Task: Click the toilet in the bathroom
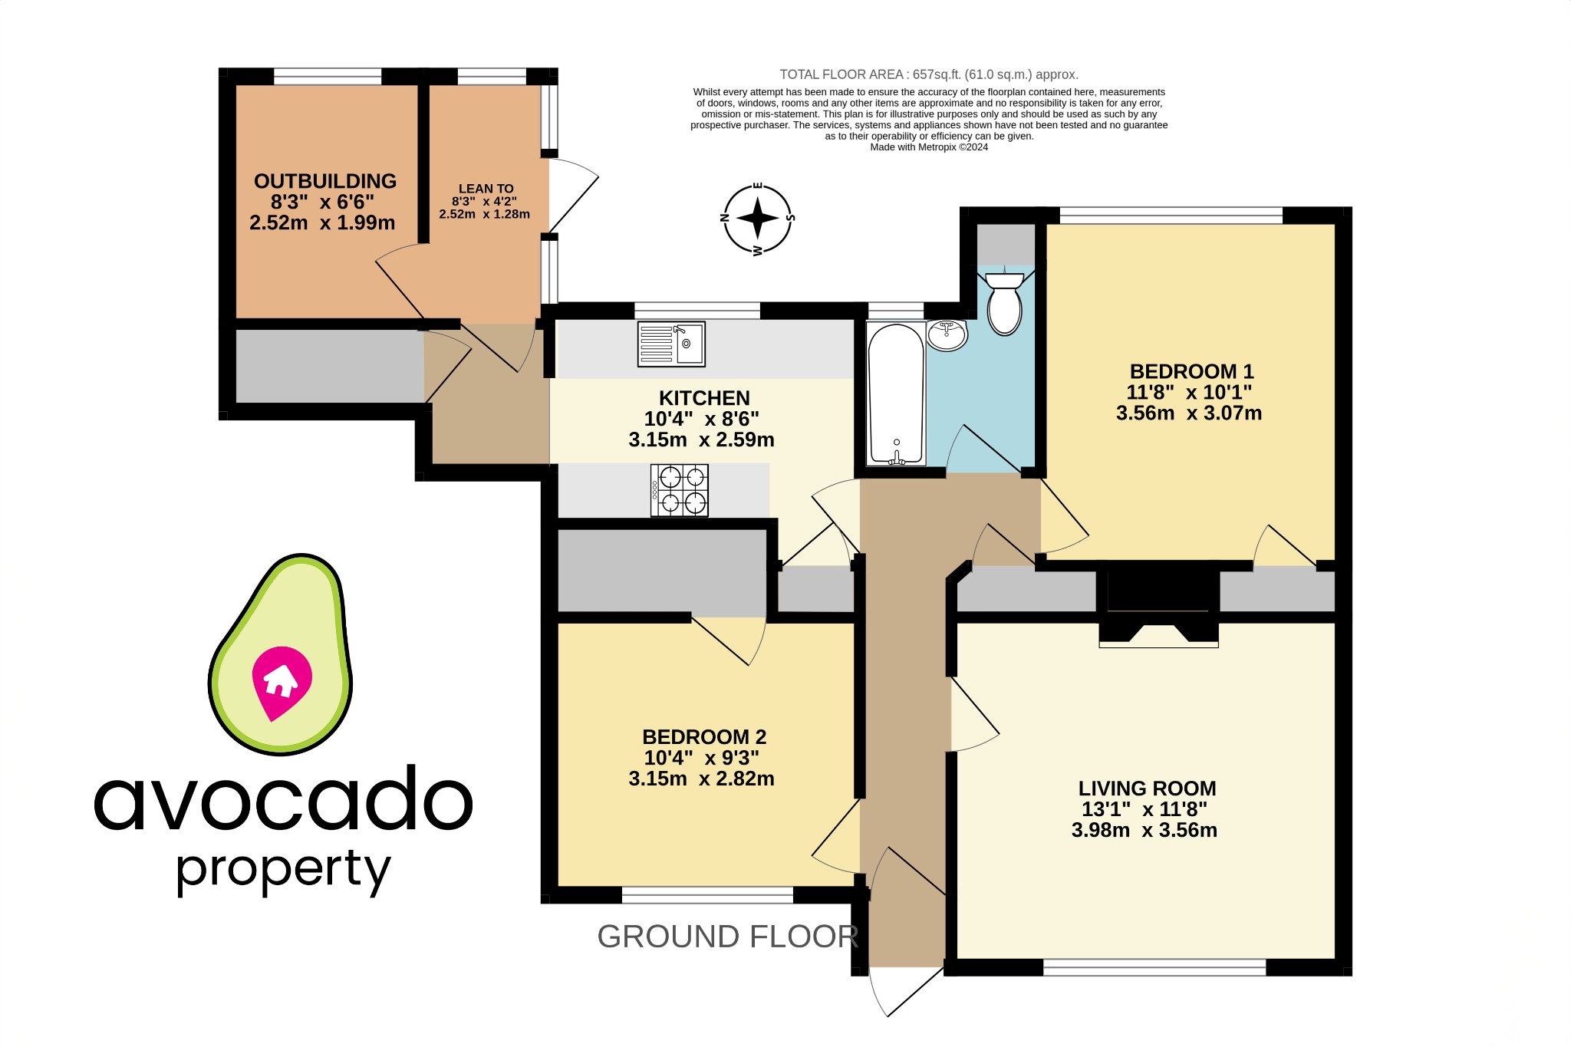coord(1004,305)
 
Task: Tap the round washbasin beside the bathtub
coord(947,335)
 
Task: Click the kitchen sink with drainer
coord(671,344)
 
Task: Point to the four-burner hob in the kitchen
coord(680,490)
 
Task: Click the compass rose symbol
coord(758,219)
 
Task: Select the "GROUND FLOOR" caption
coord(727,937)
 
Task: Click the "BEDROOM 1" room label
coord(1191,371)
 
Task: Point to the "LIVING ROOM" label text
coord(1147,789)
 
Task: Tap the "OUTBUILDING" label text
coord(325,181)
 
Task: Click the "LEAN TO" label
coord(486,189)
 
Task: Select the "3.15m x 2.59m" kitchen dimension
coord(701,440)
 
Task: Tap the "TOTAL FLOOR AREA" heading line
coord(928,74)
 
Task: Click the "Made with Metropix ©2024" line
coord(928,147)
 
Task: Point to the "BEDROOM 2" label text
coord(704,737)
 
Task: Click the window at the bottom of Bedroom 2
coord(707,894)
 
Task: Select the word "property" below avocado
coord(283,870)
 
